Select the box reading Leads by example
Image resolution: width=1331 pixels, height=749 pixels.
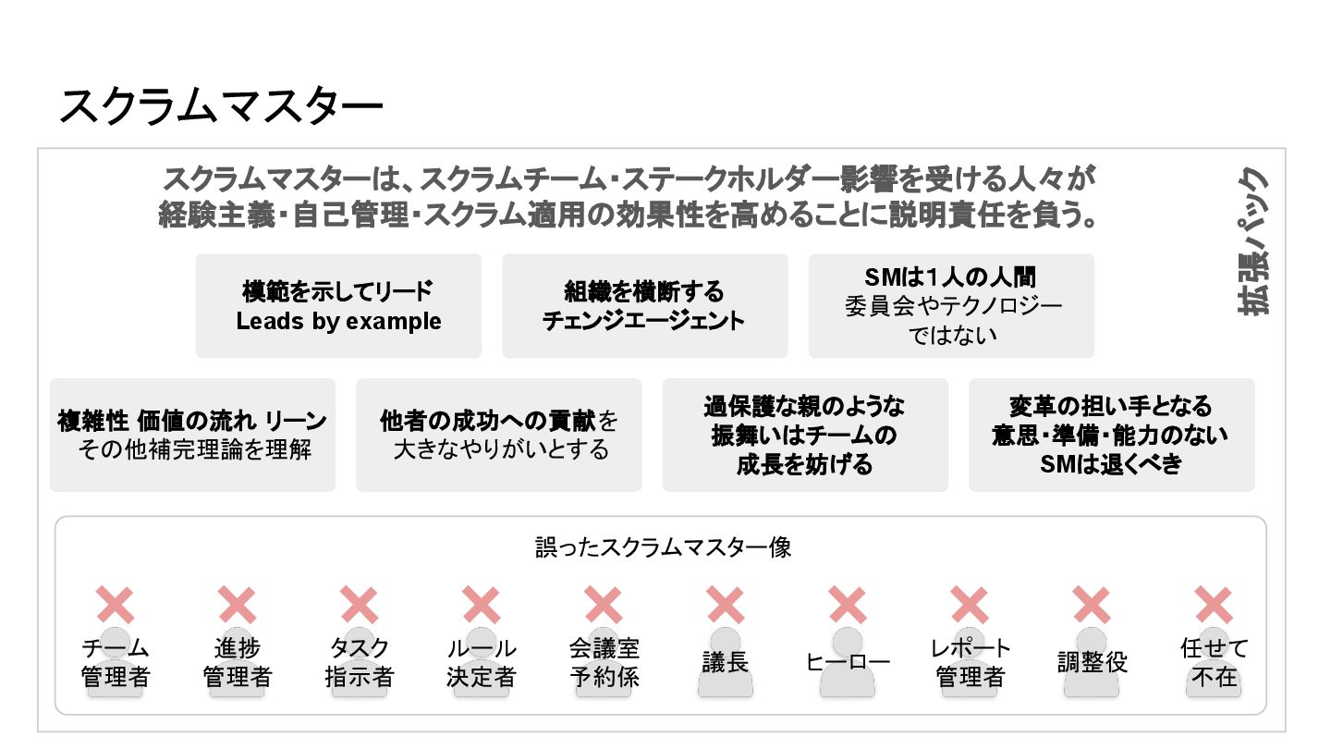click(338, 306)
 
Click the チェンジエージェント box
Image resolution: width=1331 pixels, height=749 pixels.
click(644, 306)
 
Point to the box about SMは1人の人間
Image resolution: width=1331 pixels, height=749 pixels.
click(951, 306)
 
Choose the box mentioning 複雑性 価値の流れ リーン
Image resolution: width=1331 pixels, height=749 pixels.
click(192, 435)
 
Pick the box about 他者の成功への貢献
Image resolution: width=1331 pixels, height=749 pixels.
click(499, 435)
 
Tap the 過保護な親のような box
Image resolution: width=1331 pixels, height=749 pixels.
click(805, 435)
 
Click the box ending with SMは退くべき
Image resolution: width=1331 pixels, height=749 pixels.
click(1111, 435)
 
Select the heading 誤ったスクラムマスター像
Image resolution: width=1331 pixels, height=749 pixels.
click(663, 547)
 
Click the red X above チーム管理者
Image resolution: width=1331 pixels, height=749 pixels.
click(116, 605)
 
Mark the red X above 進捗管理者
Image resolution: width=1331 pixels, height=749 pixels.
click(238, 605)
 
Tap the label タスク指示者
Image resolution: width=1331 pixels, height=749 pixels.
click(360, 663)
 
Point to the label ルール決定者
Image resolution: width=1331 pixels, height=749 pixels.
click(482, 663)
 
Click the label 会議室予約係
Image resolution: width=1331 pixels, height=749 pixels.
click(604, 663)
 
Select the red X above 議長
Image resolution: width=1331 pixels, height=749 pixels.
click(726, 605)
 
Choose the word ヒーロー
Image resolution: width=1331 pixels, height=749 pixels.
click(848, 663)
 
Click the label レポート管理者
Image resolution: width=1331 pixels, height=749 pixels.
click(970, 663)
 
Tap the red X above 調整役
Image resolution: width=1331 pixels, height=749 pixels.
click(1092, 605)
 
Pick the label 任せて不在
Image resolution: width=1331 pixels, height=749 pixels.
click(1214, 663)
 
